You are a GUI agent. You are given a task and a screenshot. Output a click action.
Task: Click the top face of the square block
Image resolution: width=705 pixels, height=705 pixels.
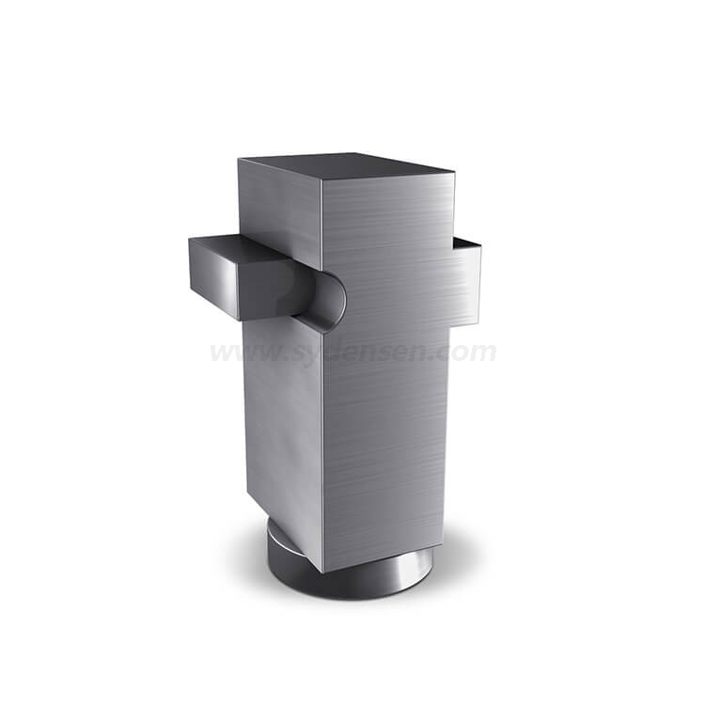[x=346, y=166]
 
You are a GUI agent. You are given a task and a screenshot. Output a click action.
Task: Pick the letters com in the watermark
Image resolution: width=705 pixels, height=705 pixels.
[x=467, y=352]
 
